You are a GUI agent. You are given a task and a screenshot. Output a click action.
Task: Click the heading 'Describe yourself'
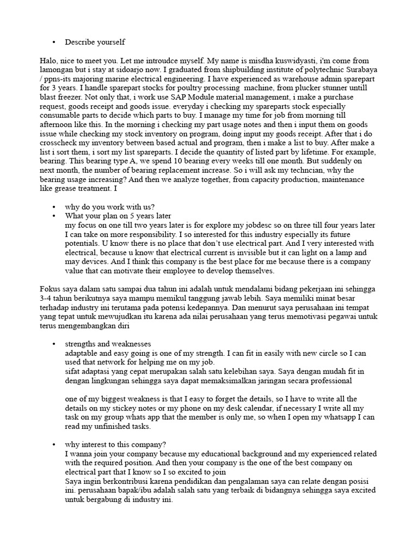coord(95,42)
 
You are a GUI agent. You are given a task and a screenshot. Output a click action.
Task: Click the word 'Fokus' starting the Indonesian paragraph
coord(51,288)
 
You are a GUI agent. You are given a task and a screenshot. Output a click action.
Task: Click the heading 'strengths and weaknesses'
coord(108,344)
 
